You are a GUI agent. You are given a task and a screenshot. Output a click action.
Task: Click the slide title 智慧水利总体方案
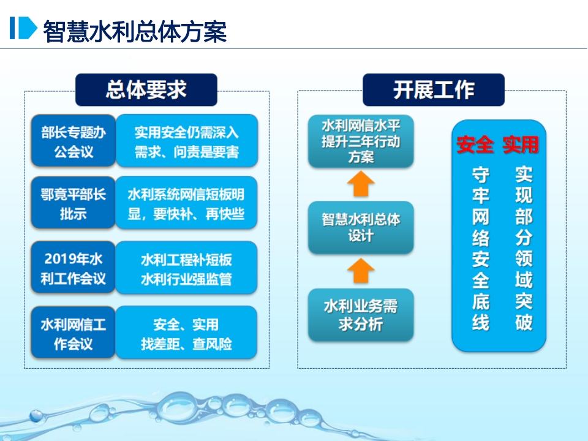click(135, 31)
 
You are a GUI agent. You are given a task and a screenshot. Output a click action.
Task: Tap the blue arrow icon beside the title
click(23, 28)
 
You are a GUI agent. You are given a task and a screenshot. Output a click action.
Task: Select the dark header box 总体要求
click(146, 89)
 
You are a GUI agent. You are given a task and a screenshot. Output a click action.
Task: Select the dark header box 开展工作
click(434, 89)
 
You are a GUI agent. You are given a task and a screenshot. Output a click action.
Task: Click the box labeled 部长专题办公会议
click(73, 141)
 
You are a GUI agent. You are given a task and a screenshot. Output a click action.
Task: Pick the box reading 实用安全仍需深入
click(187, 141)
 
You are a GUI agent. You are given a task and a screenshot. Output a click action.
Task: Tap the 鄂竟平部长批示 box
click(73, 203)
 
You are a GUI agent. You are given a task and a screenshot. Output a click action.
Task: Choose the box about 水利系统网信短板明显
click(186, 203)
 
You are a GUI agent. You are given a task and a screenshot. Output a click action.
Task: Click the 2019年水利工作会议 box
click(73, 268)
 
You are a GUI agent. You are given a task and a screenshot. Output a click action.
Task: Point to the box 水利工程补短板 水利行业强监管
click(186, 268)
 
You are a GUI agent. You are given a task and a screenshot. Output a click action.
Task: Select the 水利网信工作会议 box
click(73, 333)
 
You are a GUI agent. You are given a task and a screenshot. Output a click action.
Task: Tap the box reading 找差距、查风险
click(186, 333)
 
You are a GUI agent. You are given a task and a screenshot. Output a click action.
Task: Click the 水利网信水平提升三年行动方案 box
click(361, 141)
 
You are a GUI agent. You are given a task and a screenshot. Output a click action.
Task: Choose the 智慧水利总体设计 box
click(361, 228)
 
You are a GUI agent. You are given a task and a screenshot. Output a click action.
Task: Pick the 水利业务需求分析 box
click(361, 315)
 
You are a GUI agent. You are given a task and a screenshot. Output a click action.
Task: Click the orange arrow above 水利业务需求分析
click(361, 271)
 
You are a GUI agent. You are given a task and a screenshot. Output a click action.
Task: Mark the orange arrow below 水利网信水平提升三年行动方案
click(361, 184)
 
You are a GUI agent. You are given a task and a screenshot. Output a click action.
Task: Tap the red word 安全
click(475, 145)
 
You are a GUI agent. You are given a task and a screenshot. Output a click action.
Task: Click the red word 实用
click(521, 145)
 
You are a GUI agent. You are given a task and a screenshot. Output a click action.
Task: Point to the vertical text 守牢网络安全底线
click(480, 249)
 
